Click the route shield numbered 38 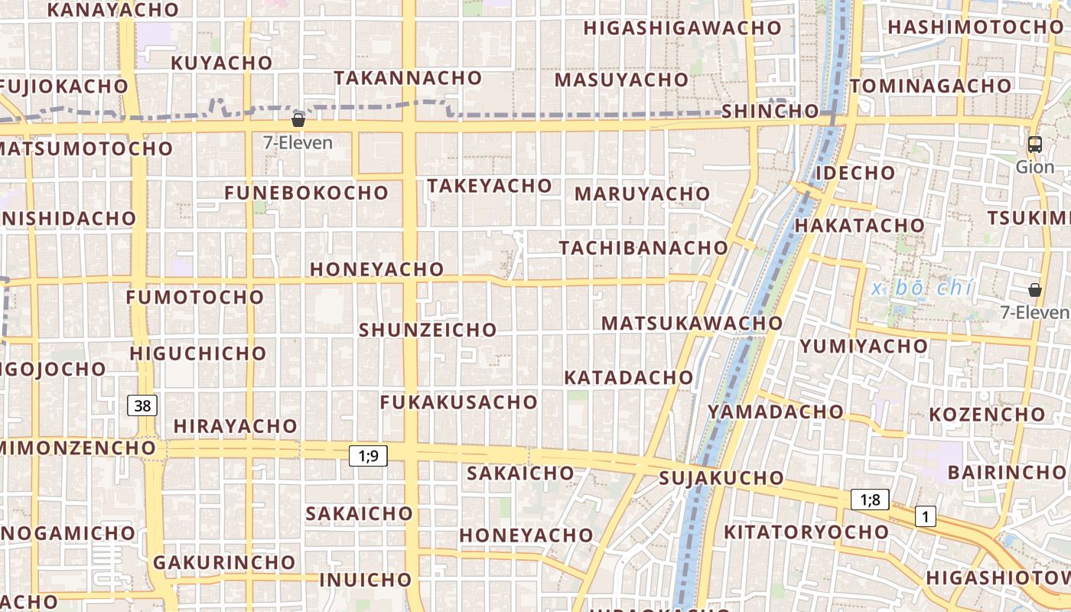[x=142, y=405]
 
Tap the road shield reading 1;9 [x=368, y=456]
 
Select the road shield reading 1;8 [x=870, y=500]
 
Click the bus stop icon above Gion [x=1034, y=144]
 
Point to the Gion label [x=1034, y=167]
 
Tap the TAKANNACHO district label [x=408, y=78]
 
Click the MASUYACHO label [x=621, y=80]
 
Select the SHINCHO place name [x=770, y=111]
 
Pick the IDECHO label [x=855, y=173]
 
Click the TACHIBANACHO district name [x=643, y=248]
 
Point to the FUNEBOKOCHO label [x=306, y=193]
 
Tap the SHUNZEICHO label [x=428, y=330]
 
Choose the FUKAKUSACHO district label [x=459, y=402]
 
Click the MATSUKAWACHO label [x=692, y=324]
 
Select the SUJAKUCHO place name [x=721, y=479]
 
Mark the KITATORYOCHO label [x=806, y=532]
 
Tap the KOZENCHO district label [x=986, y=415]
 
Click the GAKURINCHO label [x=224, y=563]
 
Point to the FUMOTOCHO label [x=195, y=297]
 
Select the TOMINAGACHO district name [x=930, y=86]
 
